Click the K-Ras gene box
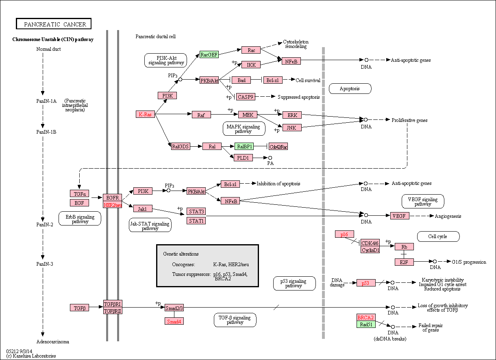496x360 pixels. tap(145, 114)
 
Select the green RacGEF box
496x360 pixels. tap(209, 54)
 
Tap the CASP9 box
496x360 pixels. tap(246, 97)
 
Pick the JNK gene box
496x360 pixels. tap(292, 128)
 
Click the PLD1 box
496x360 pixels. tap(243, 158)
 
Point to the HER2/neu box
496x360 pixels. tap(113, 204)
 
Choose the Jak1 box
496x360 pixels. tap(143, 208)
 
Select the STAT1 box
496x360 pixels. tap(196, 221)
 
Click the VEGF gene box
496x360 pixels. tap(400, 215)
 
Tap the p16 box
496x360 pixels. tap(344, 234)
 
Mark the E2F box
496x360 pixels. tap(404, 262)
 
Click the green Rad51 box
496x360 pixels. tap(366, 324)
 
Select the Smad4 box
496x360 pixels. tap(174, 321)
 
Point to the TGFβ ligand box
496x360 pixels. tap(80, 308)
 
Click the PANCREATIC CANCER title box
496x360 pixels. tap(54, 24)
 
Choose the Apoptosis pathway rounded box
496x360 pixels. tap(350, 89)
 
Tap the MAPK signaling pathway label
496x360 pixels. tap(244, 128)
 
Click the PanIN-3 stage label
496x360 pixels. tap(45, 264)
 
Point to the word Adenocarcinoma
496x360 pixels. tap(53, 341)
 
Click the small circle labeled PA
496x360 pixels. tap(270, 158)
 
